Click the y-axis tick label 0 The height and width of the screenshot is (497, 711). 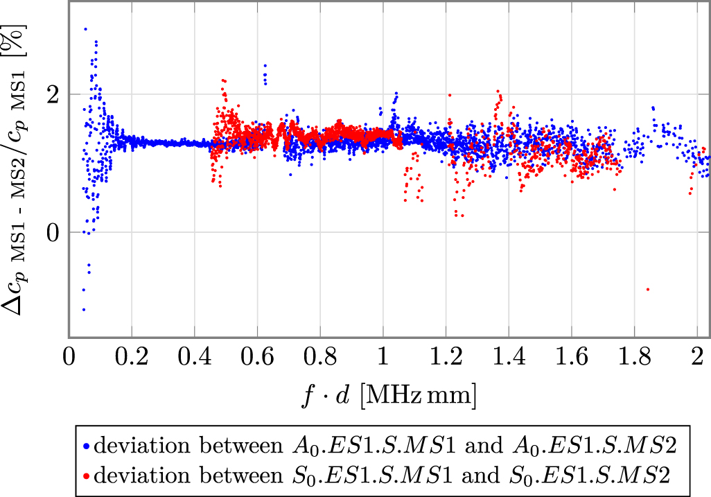pyautogui.click(x=53, y=232)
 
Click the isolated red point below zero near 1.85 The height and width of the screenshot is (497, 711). pyautogui.click(x=648, y=289)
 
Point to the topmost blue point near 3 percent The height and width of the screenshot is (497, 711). pyautogui.click(x=85, y=29)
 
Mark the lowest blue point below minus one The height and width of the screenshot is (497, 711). pyautogui.click(x=84, y=309)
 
